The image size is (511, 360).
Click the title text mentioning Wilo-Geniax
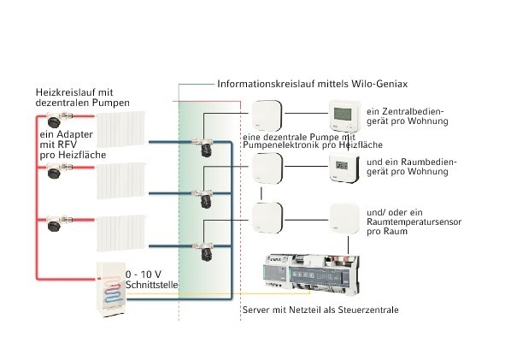click(x=312, y=84)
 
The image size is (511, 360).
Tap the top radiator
click(x=120, y=129)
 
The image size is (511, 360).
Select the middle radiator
click(x=120, y=180)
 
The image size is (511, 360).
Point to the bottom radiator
click(x=120, y=233)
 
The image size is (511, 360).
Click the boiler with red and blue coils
click(x=111, y=290)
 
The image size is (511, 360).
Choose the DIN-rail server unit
click(x=311, y=274)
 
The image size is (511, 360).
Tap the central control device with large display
click(x=344, y=115)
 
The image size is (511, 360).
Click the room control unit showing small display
click(x=344, y=168)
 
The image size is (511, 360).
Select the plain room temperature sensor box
click(x=344, y=219)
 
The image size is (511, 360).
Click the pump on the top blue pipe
click(x=204, y=147)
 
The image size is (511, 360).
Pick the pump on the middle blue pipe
click(x=204, y=199)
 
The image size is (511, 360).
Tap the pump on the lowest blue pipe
click(x=204, y=251)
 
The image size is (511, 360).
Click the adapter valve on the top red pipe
click(x=58, y=119)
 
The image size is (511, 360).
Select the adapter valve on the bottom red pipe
click(x=58, y=223)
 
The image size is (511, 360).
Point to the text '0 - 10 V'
click(x=144, y=274)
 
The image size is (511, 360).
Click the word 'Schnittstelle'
click(x=152, y=285)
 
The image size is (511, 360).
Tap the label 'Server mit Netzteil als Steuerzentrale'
click(x=320, y=310)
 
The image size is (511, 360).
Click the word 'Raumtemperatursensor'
click(x=414, y=222)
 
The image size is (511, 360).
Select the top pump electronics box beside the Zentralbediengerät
click(x=267, y=115)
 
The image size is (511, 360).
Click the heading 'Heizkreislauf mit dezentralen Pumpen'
click(x=82, y=97)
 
